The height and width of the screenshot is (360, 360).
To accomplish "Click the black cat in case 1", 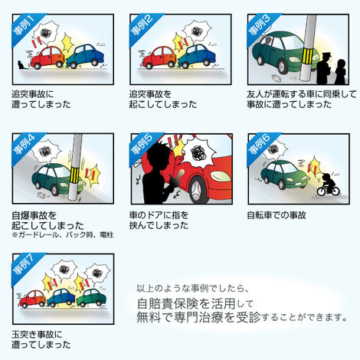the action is [21, 65].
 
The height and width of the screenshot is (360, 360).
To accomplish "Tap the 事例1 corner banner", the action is [25, 25].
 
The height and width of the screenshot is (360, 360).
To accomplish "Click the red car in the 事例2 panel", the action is [159, 57].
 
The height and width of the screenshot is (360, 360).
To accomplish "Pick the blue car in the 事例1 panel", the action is [85, 56].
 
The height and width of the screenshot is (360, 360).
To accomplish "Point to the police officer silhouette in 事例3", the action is [325, 68].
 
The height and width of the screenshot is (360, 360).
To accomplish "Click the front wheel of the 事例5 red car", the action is [197, 188].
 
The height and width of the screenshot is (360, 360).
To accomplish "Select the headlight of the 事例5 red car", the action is [220, 176].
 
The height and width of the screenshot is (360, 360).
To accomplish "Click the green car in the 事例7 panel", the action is [91, 298].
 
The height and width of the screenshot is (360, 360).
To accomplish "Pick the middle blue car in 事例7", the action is [61, 298].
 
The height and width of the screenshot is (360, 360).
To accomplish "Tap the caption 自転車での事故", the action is [277, 215].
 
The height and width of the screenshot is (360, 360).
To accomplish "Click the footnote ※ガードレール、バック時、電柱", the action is [63, 234].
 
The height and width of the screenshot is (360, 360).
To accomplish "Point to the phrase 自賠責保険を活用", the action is [186, 303].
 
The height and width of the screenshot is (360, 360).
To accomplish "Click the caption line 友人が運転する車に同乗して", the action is [302, 94].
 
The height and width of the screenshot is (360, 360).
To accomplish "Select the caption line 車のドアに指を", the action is [159, 215].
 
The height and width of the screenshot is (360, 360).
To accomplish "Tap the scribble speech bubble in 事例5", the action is [200, 152].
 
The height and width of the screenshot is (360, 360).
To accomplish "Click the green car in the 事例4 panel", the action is [57, 180].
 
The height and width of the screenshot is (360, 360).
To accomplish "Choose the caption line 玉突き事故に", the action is [37, 335].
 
